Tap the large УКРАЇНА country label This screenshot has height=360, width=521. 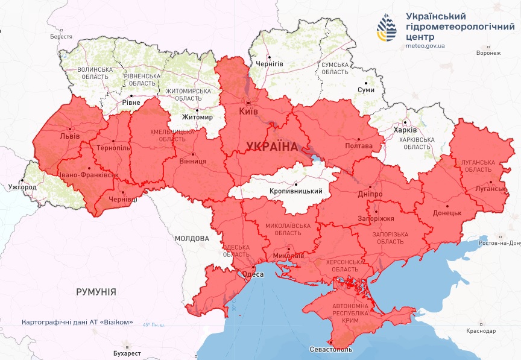point(271,147)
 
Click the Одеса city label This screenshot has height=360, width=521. point(253,274)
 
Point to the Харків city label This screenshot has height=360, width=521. point(405,130)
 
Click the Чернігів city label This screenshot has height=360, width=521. point(269,63)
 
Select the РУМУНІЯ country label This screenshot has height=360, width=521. point(96,291)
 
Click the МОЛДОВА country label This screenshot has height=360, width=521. point(191,238)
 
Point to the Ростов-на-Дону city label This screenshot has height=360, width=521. point(497,243)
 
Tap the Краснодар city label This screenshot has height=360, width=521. point(481,331)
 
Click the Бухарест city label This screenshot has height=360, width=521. point(125,353)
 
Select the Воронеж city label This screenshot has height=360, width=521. point(488,53)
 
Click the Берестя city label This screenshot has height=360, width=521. point(61,37)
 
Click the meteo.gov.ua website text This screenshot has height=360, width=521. point(426,45)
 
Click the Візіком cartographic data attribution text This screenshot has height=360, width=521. point(77,322)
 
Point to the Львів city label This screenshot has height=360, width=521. point(69,136)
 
